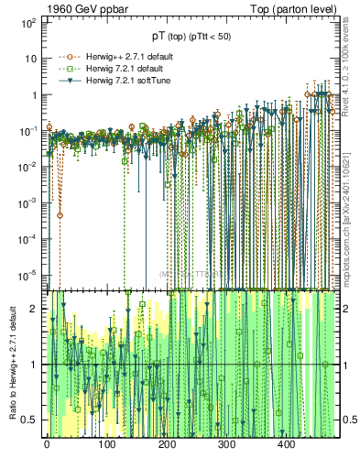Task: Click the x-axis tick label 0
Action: (47, 445)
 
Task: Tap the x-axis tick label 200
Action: (166, 445)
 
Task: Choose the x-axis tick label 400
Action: (286, 445)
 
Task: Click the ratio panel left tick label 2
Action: (35, 309)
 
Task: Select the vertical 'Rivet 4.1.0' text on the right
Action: (351, 60)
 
